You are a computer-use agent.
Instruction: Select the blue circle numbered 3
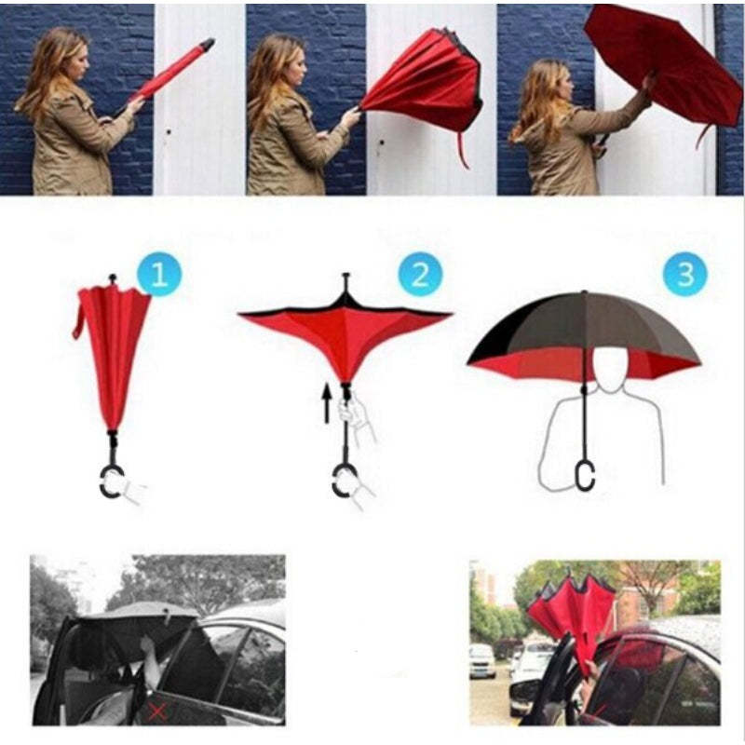tap(684, 275)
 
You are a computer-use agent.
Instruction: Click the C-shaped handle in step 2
tap(343, 481)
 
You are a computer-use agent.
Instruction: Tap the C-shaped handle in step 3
tap(585, 474)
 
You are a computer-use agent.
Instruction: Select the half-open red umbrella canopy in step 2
tap(345, 331)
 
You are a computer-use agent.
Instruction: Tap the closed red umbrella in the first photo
tap(172, 69)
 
